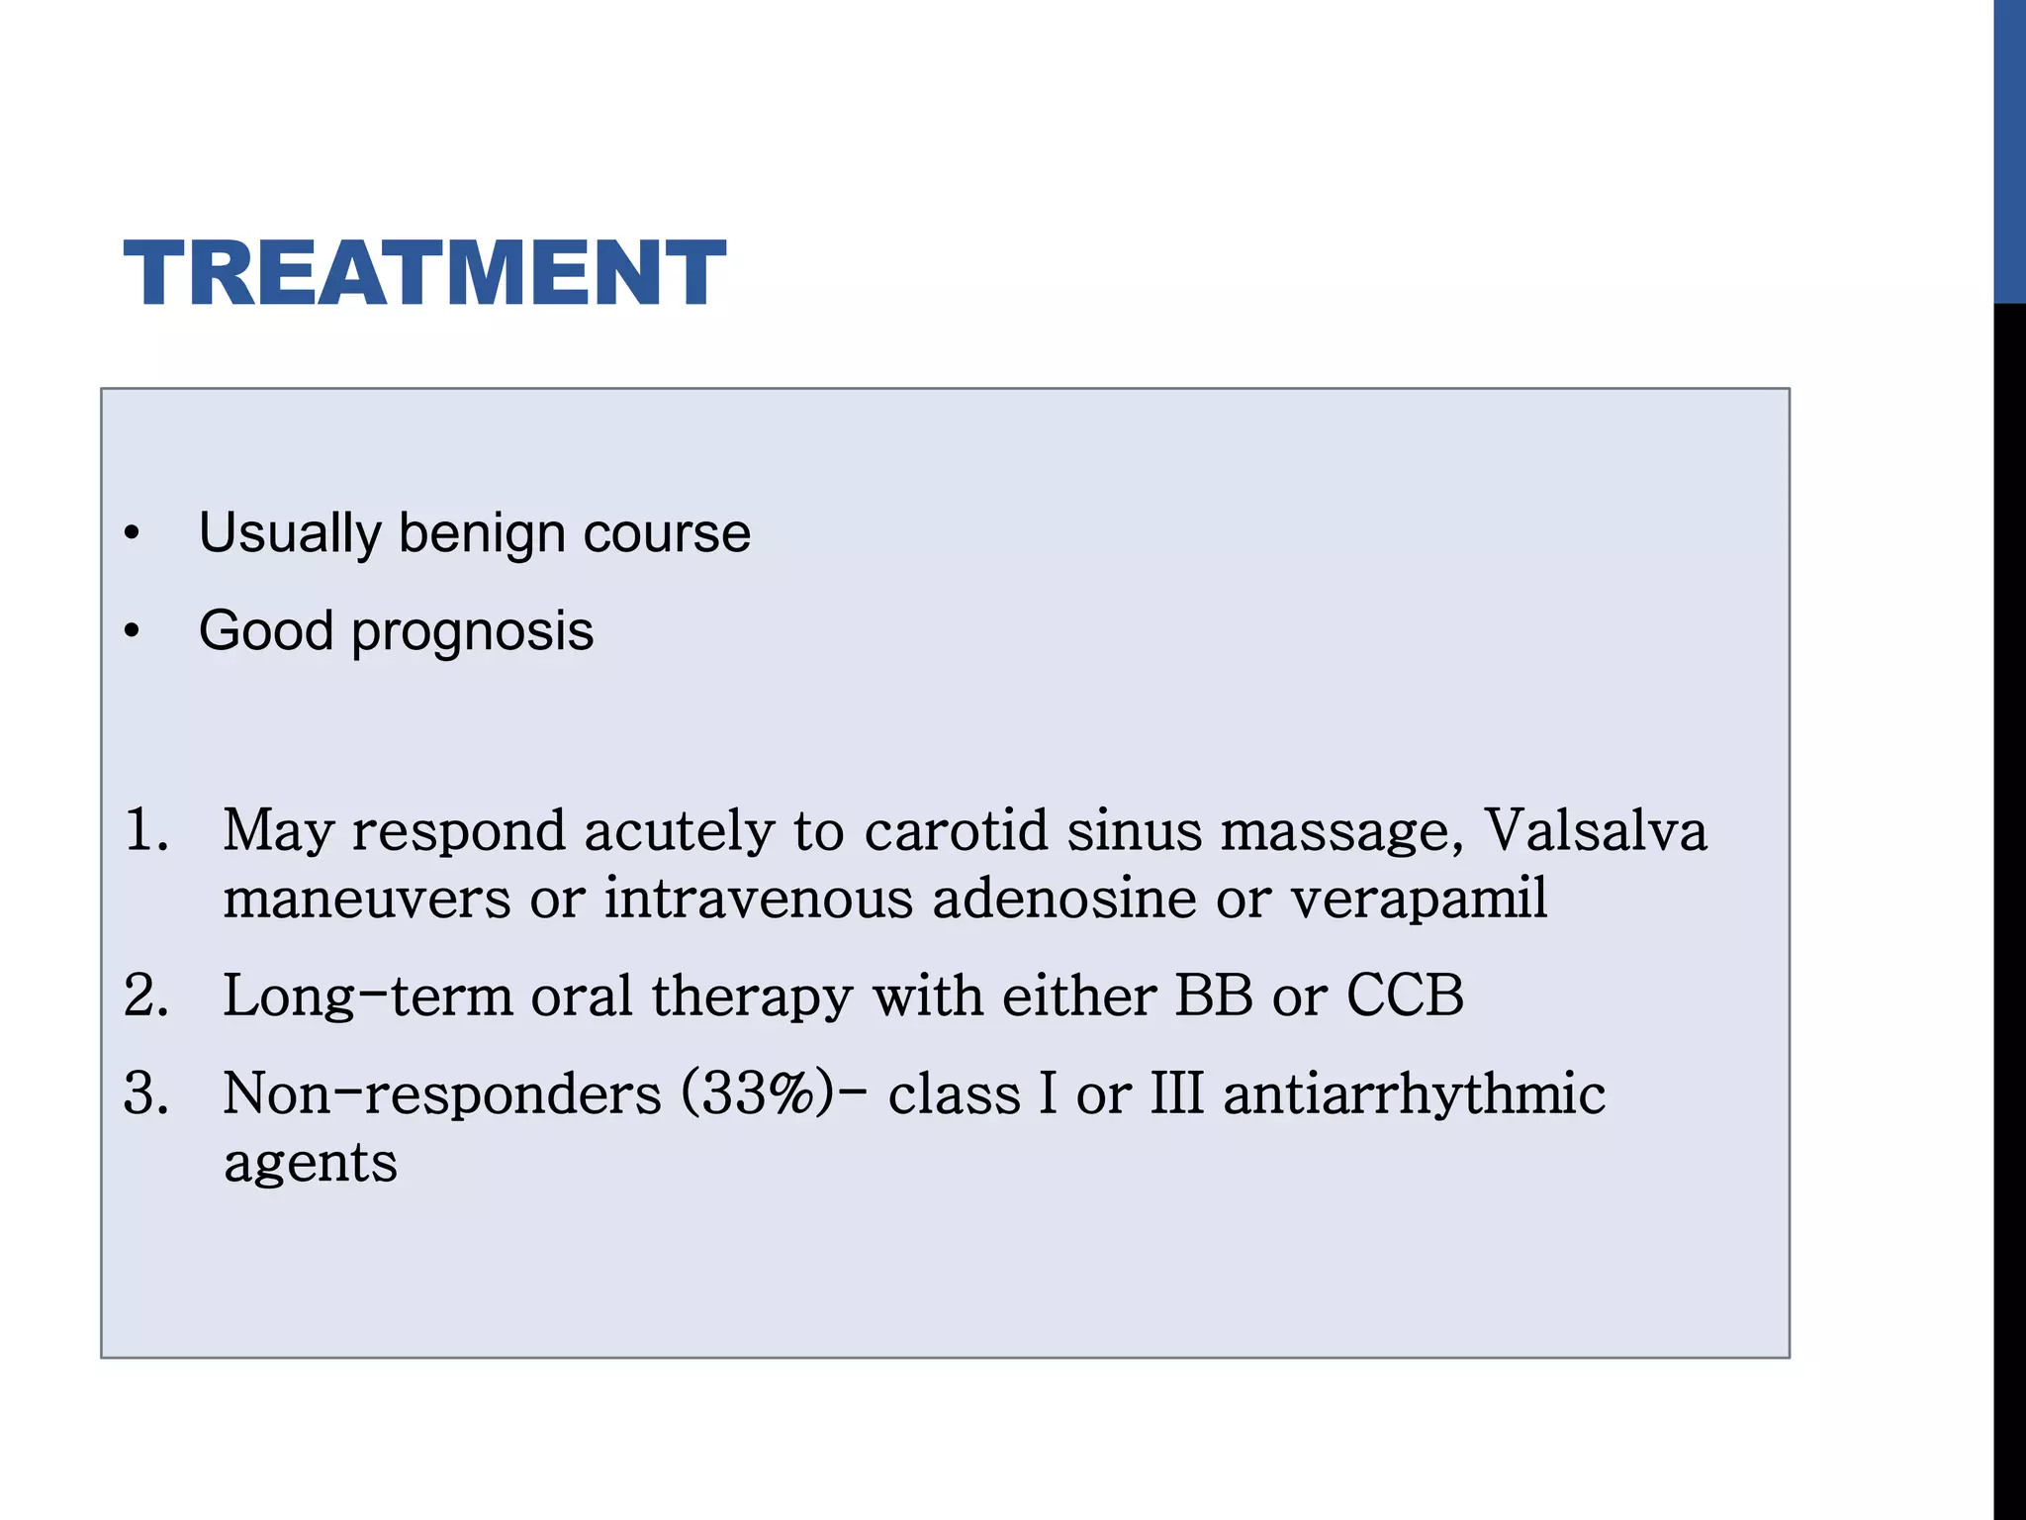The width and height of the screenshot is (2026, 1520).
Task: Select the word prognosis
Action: [x=472, y=632]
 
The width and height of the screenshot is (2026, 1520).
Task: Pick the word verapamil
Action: [x=1420, y=899]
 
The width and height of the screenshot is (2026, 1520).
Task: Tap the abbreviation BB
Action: [x=1214, y=996]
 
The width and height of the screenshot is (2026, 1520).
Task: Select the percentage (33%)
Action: [x=758, y=1094]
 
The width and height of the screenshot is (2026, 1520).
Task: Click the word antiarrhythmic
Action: [x=1414, y=1094]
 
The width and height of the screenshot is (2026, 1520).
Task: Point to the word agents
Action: [x=311, y=1164]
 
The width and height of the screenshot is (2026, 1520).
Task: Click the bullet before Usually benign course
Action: [x=133, y=534]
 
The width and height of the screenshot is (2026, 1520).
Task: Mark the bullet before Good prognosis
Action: [x=133, y=632]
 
